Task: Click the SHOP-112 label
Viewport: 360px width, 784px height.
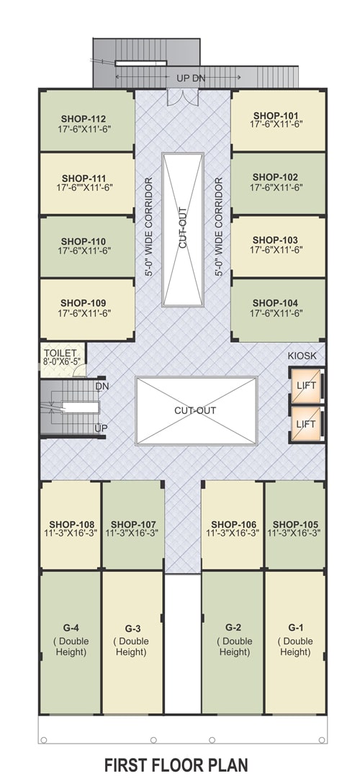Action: [84, 119]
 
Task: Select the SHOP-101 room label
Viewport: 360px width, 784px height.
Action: [276, 115]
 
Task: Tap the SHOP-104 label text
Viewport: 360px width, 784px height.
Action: [276, 303]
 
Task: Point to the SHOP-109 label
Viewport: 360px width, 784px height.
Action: [84, 303]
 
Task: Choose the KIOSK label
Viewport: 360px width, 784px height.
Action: [302, 356]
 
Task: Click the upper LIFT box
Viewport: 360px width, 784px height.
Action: [306, 385]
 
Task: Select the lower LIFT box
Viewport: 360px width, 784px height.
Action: [306, 424]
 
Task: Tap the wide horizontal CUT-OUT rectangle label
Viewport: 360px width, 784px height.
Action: [195, 410]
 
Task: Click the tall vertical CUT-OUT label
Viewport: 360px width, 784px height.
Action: [182, 228]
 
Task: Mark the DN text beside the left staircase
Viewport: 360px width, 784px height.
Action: [102, 386]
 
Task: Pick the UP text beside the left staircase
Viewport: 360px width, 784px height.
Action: [101, 428]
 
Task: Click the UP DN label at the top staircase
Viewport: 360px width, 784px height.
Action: [191, 78]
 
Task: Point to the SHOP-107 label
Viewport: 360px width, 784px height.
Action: [133, 524]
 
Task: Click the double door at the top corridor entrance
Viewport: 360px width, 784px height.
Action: [182, 97]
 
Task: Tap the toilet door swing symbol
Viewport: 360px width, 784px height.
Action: [79, 371]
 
